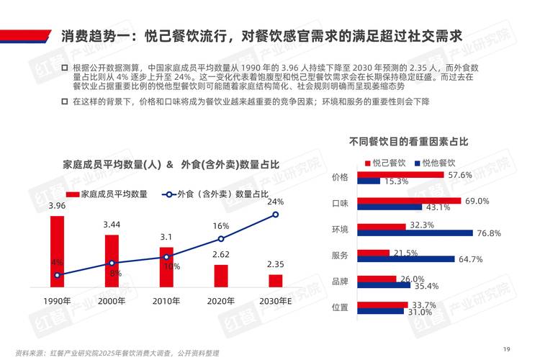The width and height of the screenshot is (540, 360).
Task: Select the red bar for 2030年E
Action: coord(276,280)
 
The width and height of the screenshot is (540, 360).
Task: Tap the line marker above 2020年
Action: coord(221,239)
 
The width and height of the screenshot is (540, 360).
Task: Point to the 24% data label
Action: coord(275,202)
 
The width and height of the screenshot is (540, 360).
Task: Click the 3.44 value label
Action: coord(112,225)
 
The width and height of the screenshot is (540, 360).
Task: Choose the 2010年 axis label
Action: coord(166,300)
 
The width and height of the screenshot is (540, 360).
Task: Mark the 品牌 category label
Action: coord(340,282)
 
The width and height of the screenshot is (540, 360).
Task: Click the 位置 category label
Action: coord(340,307)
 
